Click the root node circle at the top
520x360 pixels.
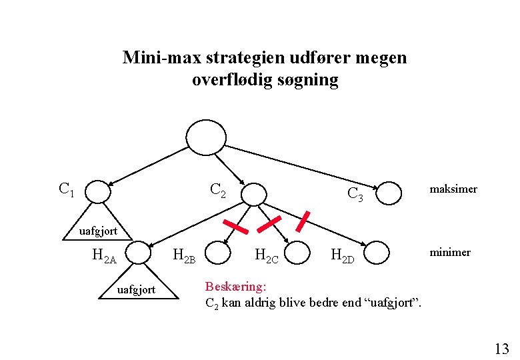coord(206,137)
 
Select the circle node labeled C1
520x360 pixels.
coord(98,192)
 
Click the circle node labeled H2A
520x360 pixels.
coord(138,253)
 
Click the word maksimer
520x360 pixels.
coord(453,189)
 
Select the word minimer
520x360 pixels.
coord(450,252)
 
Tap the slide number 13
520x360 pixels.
coord(501,348)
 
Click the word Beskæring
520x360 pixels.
coord(235,287)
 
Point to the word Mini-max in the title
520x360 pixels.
coord(153,58)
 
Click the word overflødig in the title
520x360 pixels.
coord(225,81)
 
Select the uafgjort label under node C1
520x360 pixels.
coord(98,231)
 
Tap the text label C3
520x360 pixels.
coord(355,194)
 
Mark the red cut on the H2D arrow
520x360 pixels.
coord(302,221)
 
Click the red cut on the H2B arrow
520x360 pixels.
coord(235,226)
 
